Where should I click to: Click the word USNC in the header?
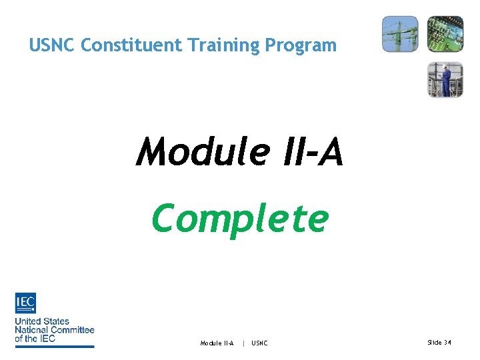click(53, 45)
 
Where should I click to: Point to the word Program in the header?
click(301, 45)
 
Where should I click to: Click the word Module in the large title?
click(201, 151)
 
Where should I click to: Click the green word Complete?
click(240, 218)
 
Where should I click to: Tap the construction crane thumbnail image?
click(400, 33)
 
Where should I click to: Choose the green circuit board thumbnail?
click(445, 33)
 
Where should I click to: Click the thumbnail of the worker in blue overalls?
click(445, 79)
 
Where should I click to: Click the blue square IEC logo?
click(25, 303)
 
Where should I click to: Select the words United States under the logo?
click(42, 321)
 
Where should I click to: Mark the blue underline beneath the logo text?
click(55, 345)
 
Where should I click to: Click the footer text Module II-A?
click(217, 343)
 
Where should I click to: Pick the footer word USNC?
click(259, 343)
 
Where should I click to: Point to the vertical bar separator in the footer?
click(243, 343)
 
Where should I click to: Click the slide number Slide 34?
click(439, 342)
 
